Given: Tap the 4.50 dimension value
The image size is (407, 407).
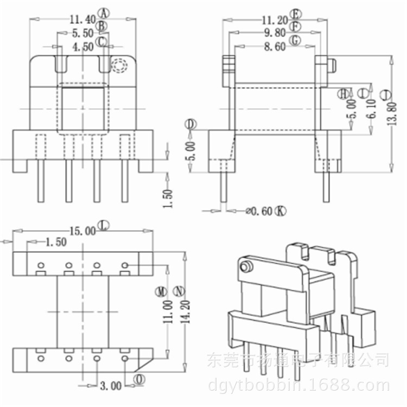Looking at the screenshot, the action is (x=83, y=47).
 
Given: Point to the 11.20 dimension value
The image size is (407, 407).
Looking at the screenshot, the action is (x=274, y=20).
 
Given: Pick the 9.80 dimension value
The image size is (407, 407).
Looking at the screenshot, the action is (x=274, y=33).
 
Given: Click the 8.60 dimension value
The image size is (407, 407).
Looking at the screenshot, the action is (x=274, y=47).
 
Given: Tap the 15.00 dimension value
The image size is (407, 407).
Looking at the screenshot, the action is (x=82, y=231).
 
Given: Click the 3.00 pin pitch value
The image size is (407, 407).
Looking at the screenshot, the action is (x=110, y=386).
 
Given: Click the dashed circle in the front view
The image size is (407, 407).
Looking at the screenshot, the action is (x=119, y=66).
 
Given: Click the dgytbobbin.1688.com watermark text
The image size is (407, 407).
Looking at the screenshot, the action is (x=299, y=386).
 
